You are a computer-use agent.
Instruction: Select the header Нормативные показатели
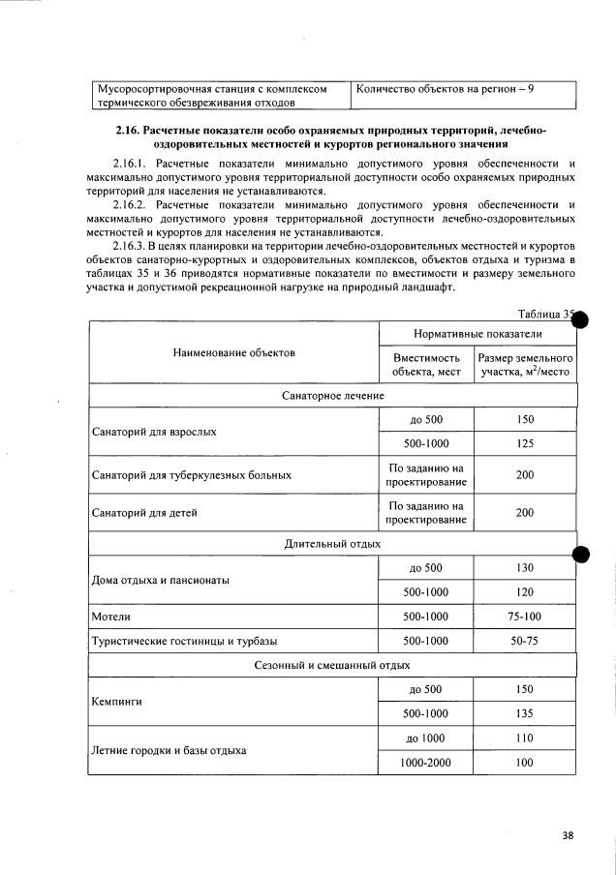point(477,333)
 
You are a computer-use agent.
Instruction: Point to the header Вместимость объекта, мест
point(425,364)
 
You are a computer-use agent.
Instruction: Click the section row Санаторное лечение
point(332,396)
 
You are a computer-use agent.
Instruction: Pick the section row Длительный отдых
point(331,544)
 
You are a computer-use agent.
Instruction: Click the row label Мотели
point(111,616)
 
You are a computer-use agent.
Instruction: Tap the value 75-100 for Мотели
point(525,616)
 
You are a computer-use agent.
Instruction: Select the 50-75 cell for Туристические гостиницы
point(525,641)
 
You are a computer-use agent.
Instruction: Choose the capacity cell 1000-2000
point(425,763)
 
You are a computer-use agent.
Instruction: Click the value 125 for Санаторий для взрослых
point(525,443)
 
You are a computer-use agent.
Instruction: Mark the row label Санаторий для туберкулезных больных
point(191,475)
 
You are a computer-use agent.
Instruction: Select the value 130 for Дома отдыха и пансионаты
point(525,567)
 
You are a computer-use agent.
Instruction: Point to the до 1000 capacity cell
point(425,738)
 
